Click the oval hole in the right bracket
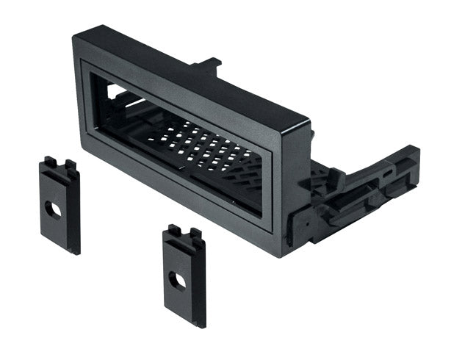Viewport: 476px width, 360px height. [x=177, y=281]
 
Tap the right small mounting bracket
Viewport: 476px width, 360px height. [x=184, y=276]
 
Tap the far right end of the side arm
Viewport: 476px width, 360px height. [x=415, y=158]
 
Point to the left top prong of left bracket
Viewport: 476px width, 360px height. [x=49, y=160]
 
